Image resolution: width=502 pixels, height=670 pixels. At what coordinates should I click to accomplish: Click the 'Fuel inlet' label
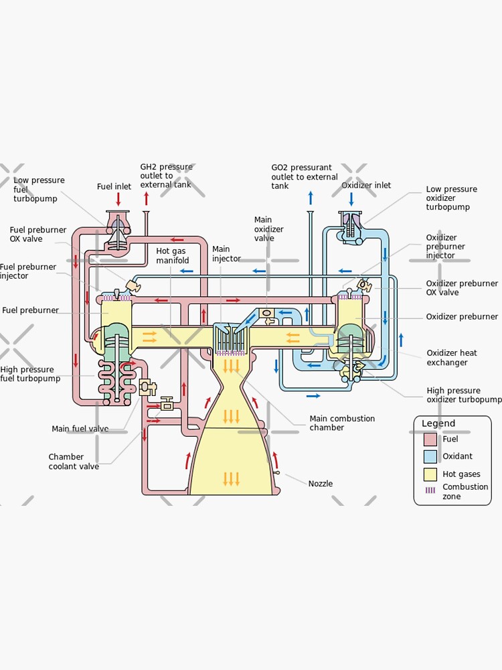(114, 187)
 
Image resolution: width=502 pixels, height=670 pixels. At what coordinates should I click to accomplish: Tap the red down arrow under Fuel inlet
(118, 199)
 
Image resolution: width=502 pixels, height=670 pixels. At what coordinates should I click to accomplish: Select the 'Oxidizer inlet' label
(366, 186)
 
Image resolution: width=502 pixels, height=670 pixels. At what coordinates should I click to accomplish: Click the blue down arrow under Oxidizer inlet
(351, 199)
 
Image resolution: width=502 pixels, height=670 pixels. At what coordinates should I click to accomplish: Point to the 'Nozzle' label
(320, 483)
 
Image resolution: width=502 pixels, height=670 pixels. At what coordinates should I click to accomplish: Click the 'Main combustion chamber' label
(342, 423)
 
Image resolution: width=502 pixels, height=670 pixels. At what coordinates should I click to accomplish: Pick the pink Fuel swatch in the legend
(430, 440)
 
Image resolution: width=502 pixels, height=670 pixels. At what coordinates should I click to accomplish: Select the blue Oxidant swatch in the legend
(430, 457)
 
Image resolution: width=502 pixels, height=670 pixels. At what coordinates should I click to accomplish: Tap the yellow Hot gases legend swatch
(430, 474)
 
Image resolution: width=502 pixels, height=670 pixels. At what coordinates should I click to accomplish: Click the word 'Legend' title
(438, 423)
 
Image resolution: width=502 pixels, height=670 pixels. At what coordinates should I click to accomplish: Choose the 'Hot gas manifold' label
(173, 255)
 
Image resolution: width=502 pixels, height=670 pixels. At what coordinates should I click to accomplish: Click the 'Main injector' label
(226, 254)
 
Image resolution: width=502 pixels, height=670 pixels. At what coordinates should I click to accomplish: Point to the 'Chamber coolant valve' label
(75, 462)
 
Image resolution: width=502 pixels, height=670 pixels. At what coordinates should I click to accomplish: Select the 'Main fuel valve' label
(80, 429)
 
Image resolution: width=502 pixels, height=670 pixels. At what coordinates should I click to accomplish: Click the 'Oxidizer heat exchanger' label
(452, 358)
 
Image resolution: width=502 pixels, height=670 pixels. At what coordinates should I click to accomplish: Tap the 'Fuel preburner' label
(31, 310)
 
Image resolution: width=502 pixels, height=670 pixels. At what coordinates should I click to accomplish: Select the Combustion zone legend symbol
(430, 490)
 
